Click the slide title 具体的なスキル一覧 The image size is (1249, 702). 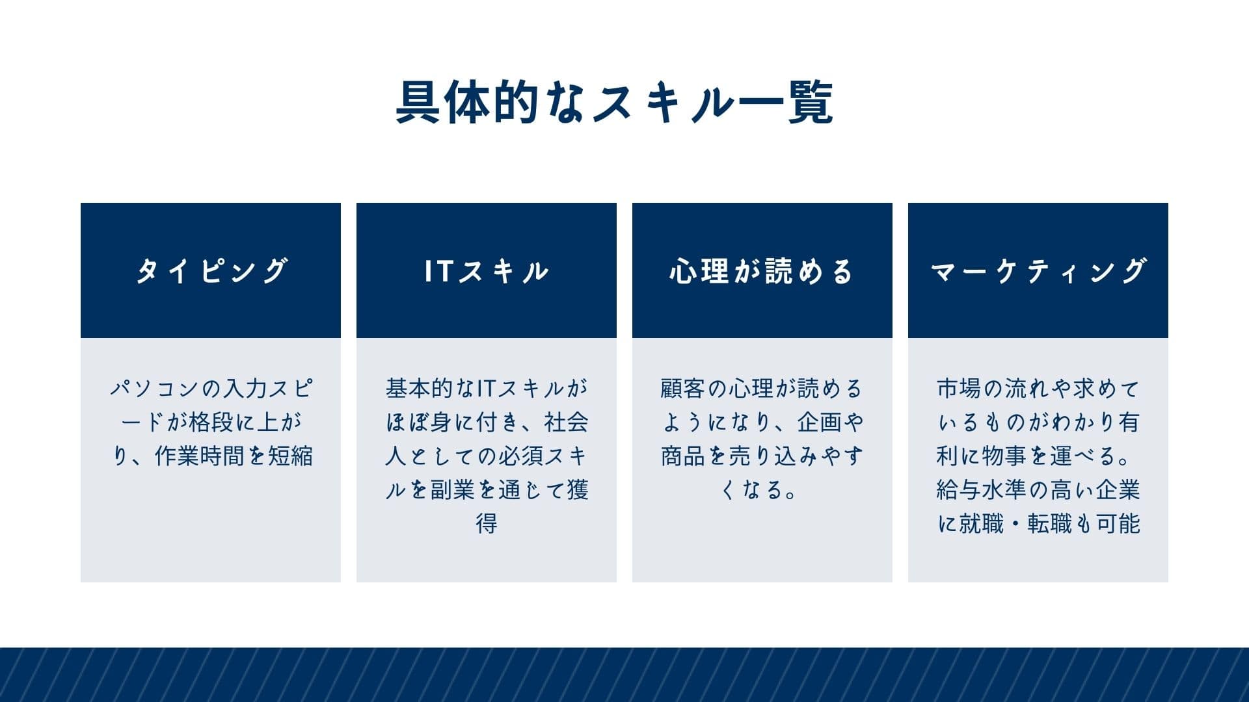click(x=615, y=103)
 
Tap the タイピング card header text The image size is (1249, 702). click(x=211, y=270)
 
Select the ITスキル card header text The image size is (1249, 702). click(x=487, y=270)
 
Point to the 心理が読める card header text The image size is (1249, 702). click(x=761, y=270)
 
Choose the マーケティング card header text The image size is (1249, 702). click(x=1038, y=270)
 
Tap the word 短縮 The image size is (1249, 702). click(x=291, y=456)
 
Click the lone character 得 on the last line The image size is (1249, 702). click(x=487, y=524)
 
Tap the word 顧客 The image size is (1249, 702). click(x=683, y=389)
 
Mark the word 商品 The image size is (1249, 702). click(x=683, y=456)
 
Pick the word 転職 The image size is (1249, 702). click(x=1049, y=524)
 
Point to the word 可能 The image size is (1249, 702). click(x=1118, y=524)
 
